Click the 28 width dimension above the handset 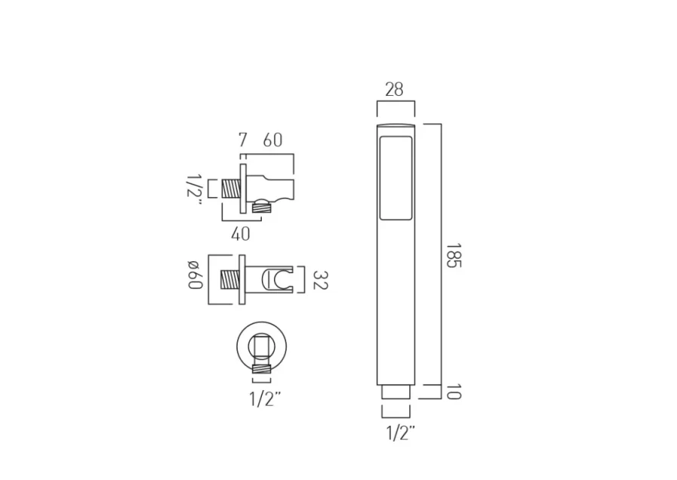click(x=394, y=90)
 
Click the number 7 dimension click(x=242, y=140)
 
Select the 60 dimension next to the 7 click(x=272, y=140)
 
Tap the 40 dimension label click(x=240, y=234)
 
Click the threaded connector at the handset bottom click(x=395, y=392)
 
